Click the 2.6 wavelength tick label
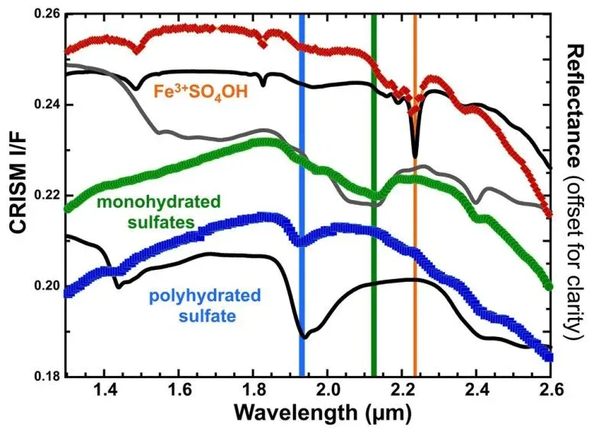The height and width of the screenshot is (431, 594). tap(551, 391)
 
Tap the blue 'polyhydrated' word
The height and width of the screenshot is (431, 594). tap(213, 295)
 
